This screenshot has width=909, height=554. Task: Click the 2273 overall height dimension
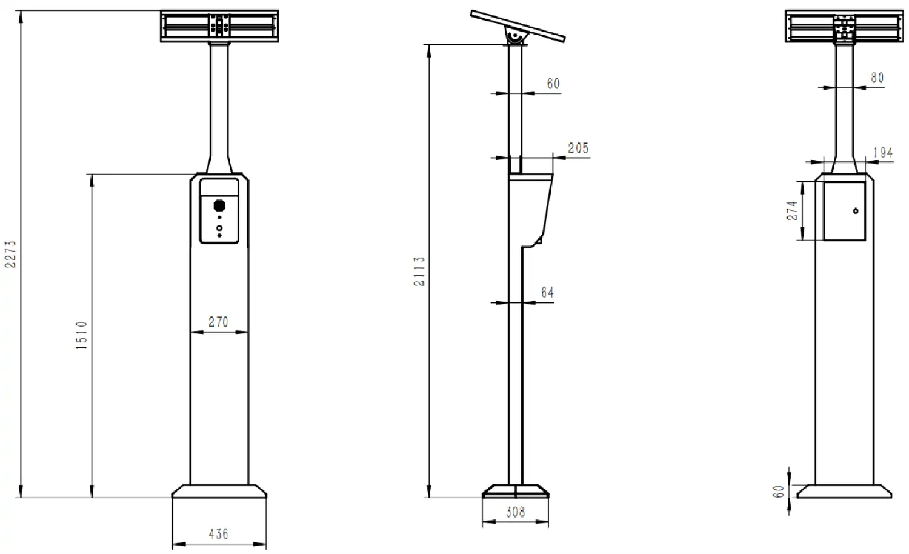[x=11, y=254]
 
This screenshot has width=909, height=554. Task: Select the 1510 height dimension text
[x=82, y=334]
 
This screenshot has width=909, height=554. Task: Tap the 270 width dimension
[x=218, y=322]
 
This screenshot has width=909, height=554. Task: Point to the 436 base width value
[x=218, y=534]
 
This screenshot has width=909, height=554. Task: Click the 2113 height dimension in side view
[x=419, y=271]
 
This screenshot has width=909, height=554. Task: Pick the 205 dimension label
[x=578, y=148]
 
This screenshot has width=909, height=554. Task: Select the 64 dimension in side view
[x=547, y=293]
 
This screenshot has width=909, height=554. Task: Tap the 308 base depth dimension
[x=515, y=512]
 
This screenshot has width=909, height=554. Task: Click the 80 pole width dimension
[x=877, y=78]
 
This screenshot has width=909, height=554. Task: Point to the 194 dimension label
[x=883, y=153]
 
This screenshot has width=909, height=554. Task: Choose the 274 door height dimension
[x=792, y=211]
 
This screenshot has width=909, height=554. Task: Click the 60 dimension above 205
[x=553, y=84]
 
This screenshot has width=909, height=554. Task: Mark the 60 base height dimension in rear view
[x=779, y=491]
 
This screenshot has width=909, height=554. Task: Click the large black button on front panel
[x=219, y=205]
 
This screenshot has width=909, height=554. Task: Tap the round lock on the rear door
[x=855, y=211]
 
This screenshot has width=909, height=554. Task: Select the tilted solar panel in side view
[x=518, y=26]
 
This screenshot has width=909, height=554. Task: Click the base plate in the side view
[x=515, y=490]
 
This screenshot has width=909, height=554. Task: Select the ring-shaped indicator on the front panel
[x=219, y=228]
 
